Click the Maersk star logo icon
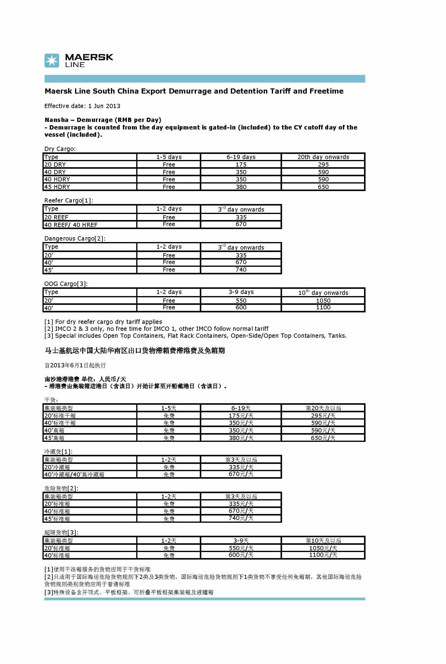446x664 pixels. coord(52,61)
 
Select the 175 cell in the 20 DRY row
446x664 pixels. coord(241,164)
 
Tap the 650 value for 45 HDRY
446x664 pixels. coord(323,187)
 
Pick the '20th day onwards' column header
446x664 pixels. coord(323,157)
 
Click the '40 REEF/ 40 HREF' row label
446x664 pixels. coord(71,225)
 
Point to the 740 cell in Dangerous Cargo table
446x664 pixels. coord(241,270)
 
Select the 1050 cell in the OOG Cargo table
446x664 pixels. coord(323,301)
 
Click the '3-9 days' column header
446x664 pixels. coord(241,292)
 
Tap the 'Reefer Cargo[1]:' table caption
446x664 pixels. coord(68,200)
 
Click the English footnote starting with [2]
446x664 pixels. coord(156,329)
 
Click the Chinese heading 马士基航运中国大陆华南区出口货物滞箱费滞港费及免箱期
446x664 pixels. coord(134,351)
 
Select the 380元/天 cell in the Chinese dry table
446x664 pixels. coord(241,438)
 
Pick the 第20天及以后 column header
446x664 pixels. coord(323,408)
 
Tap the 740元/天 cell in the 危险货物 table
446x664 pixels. coord(241,518)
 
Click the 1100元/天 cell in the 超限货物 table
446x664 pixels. coord(323,555)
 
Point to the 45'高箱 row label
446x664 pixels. coord(54,438)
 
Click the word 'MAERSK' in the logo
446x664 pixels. coord(89,57)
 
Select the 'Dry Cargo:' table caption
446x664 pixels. coord(60,149)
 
